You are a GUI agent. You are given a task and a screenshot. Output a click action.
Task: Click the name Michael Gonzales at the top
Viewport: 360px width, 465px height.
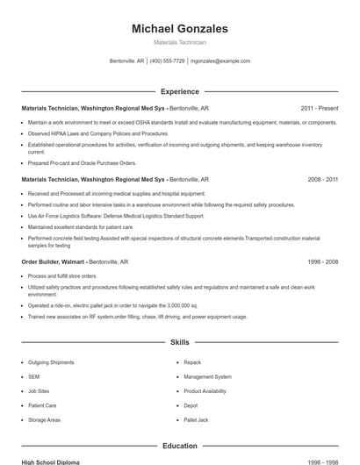[179, 29]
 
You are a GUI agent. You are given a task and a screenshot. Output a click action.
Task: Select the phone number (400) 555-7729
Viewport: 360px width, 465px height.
[167, 61]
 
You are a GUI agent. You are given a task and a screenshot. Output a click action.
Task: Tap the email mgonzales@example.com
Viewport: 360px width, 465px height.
[220, 61]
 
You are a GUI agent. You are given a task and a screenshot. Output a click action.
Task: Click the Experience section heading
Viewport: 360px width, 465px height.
[179, 91]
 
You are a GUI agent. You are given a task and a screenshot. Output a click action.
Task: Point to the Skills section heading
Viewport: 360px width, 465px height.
[179, 342]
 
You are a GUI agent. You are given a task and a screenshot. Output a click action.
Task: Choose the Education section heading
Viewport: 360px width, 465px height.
[179, 446]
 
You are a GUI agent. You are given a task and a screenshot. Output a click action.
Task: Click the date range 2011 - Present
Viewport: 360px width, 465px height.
[320, 108]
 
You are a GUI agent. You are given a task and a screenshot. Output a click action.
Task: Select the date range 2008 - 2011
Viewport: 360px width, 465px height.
[323, 179]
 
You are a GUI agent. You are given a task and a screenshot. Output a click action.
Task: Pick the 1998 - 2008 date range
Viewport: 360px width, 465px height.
[323, 261]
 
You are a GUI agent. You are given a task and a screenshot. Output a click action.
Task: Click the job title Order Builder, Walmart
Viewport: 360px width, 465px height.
[54, 261]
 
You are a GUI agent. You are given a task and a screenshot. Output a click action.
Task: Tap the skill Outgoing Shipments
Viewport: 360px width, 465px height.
[51, 362]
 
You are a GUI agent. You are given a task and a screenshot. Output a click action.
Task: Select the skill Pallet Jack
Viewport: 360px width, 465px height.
[196, 420]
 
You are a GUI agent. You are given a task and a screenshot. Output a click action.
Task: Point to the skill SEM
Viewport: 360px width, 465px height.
[33, 376]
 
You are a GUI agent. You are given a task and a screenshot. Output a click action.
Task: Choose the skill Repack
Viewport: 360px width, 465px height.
[192, 362]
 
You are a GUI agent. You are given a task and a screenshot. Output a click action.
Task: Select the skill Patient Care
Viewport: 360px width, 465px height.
[42, 405]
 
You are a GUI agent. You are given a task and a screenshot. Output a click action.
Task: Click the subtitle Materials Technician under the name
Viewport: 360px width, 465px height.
[179, 42]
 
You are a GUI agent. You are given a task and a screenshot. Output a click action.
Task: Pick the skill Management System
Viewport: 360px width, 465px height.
[207, 376]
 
